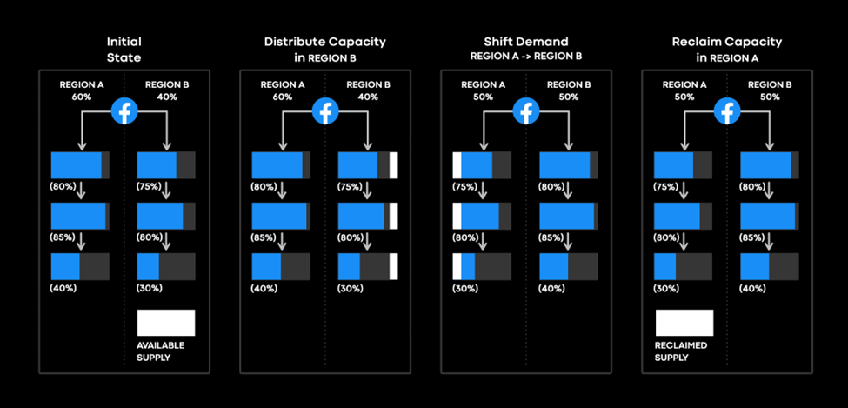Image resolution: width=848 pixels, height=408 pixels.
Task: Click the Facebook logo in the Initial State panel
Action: [x=124, y=110]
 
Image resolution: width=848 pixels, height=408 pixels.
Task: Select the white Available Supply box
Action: [x=166, y=323]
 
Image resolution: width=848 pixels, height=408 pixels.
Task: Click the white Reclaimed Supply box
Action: [x=684, y=323]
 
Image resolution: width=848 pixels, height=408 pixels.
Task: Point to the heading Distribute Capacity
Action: [x=325, y=42]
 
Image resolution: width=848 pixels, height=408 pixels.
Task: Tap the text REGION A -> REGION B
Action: [x=525, y=56]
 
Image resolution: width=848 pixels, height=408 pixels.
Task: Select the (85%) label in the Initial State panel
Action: [x=63, y=237]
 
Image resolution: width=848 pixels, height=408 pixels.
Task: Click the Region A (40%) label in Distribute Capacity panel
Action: [x=264, y=288]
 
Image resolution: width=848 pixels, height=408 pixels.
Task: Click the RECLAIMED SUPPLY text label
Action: [x=682, y=351]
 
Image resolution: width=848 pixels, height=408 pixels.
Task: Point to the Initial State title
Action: [x=124, y=48]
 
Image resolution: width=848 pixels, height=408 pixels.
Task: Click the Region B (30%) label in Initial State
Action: [x=150, y=288]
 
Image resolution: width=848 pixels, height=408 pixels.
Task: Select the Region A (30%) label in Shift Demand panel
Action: [x=465, y=288]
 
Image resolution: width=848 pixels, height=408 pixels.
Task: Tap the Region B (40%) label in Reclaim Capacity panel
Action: [x=753, y=288]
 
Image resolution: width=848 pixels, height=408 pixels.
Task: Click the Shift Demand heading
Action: [x=525, y=42]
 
